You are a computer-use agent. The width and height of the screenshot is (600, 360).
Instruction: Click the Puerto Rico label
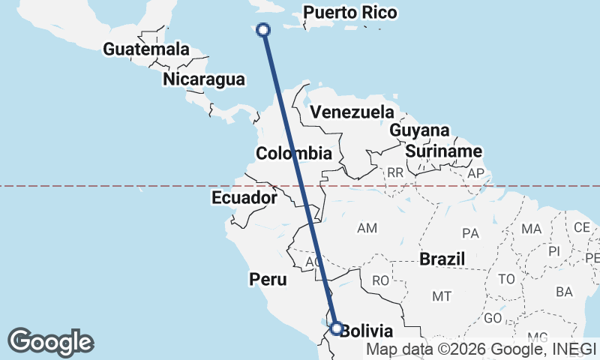350,13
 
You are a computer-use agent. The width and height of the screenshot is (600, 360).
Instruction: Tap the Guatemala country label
146,49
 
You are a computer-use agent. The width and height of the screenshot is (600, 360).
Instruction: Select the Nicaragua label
203,79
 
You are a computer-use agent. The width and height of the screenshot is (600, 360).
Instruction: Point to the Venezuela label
352,112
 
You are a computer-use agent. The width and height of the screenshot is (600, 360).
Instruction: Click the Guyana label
419,130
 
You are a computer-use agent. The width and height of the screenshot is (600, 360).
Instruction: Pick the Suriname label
443,151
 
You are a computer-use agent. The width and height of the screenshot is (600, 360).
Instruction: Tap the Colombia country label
293,154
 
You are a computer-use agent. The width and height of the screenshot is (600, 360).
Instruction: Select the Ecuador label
244,198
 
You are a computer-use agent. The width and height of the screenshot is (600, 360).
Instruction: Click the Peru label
268,280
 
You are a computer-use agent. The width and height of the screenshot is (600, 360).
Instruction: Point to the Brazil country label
442,259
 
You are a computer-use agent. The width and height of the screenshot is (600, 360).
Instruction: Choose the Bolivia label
366,331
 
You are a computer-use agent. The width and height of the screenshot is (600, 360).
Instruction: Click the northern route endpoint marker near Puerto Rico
263,30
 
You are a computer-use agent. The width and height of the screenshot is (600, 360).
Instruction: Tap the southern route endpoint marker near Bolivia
336,328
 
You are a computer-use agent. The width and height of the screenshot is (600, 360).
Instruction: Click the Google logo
50,342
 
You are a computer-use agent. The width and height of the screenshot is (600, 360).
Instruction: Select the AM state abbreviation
367,227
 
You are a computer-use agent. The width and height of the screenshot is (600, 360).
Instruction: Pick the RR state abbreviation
395,173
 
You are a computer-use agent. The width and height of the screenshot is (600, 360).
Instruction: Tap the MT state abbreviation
442,296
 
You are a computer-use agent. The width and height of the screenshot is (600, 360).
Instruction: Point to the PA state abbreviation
471,233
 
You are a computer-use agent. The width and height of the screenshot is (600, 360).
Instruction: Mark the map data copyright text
481,349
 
